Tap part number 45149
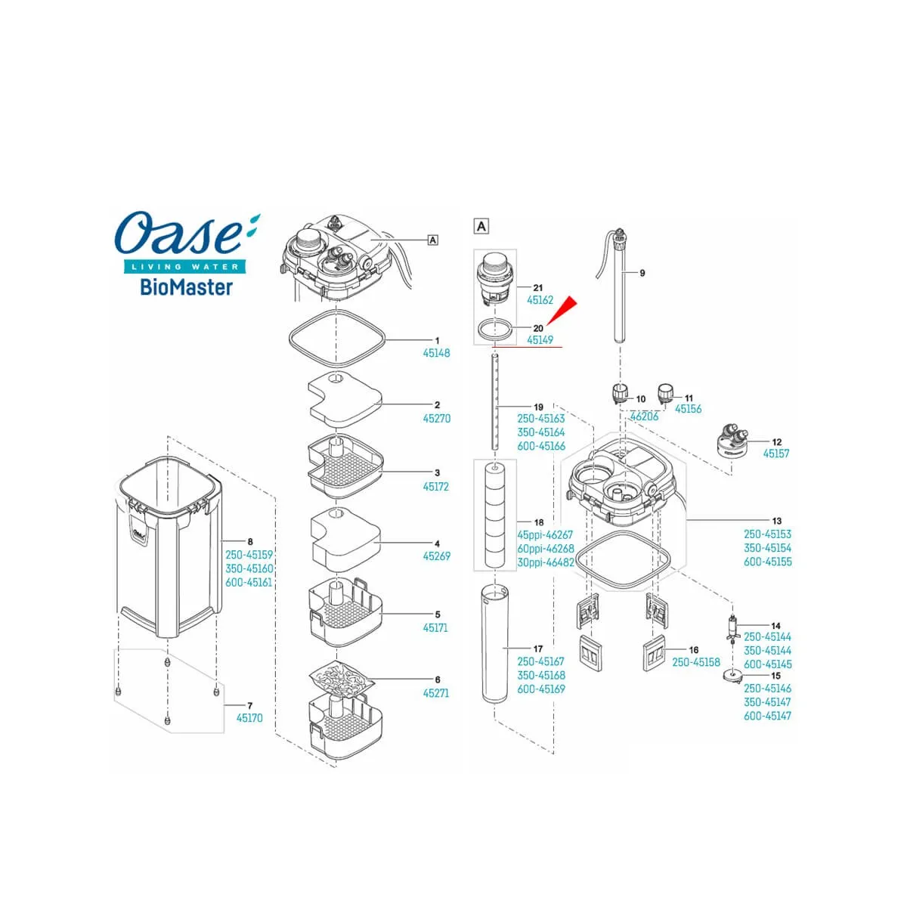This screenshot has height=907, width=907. click(x=540, y=340)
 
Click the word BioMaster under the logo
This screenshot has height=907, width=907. click(x=187, y=287)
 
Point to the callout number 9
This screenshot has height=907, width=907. click(x=642, y=273)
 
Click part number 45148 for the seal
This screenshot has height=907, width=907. click(x=436, y=353)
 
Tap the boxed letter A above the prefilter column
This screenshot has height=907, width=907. click(x=481, y=227)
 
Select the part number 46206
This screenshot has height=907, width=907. click(x=645, y=416)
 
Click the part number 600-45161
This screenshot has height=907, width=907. click(x=249, y=582)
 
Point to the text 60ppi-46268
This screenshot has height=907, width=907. click(x=546, y=549)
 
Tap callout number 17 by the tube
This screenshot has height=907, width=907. click(x=538, y=649)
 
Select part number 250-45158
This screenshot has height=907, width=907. click(x=696, y=662)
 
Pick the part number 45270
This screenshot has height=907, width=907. click(x=436, y=419)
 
